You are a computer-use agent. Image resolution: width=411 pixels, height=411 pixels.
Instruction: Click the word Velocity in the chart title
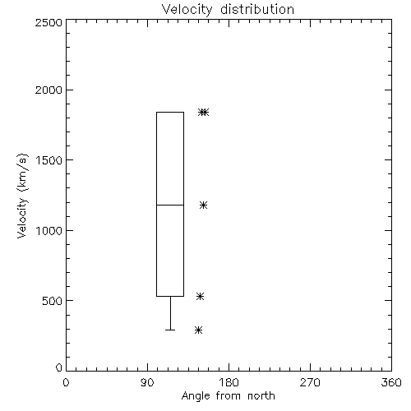[x=187, y=10]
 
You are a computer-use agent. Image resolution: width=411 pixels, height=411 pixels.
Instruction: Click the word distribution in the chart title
[x=257, y=9]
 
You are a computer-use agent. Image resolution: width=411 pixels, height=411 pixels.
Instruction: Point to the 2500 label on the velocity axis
[x=48, y=22]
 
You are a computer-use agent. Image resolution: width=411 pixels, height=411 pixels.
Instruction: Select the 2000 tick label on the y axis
[x=48, y=90]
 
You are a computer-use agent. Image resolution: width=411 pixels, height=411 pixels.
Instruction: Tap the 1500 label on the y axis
[x=49, y=160]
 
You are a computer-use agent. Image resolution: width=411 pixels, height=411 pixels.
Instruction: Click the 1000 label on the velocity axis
[x=49, y=231]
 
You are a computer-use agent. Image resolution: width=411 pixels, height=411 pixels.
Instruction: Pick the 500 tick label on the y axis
[x=53, y=301]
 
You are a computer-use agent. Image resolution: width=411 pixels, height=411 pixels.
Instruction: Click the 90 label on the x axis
[x=147, y=382]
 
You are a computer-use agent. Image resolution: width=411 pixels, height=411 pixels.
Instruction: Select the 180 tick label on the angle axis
[x=229, y=382]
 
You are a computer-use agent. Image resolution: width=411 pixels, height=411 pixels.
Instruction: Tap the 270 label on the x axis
[x=310, y=382]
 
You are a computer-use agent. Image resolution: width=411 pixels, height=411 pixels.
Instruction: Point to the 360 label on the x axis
[x=391, y=382]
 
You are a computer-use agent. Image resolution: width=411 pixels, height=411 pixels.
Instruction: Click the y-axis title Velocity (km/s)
[x=22, y=196]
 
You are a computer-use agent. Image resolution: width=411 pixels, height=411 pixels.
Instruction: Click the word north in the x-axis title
[x=261, y=396]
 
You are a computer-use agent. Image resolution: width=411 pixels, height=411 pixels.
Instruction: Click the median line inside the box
[x=170, y=205]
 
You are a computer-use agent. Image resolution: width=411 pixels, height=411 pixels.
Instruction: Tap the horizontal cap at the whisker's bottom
[x=170, y=330]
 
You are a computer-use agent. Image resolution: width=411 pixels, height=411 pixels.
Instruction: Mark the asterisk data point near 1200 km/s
[x=203, y=205]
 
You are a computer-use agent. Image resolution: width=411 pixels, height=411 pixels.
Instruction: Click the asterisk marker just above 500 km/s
[x=200, y=296]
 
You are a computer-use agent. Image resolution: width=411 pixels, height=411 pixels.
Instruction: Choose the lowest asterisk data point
[x=198, y=330]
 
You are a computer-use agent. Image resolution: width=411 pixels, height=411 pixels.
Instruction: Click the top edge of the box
[x=170, y=112]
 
